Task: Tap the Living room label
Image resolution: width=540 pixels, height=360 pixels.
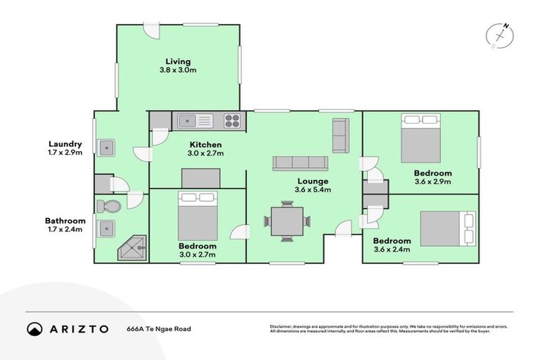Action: (x=178, y=61)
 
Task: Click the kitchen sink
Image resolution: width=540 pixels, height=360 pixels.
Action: (x=188, y=121)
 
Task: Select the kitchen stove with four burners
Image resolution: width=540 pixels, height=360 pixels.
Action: (x=232, y=121)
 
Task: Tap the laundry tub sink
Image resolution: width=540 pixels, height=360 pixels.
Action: (x=106, y=148)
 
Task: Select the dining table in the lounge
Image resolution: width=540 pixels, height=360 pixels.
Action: (x=287, y=221)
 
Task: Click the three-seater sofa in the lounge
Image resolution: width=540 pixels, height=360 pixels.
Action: (x=300, y=163)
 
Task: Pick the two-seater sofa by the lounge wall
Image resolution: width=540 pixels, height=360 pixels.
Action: (x=340, y=136)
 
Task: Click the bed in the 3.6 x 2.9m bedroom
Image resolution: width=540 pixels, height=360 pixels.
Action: (x=420, y=139)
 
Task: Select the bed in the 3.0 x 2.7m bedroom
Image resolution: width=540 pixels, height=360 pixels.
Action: (x=198, y=216)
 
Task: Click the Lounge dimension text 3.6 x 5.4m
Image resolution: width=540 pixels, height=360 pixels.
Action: (x=313, y=190)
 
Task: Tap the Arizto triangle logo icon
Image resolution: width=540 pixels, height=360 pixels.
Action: (x=34, y=328)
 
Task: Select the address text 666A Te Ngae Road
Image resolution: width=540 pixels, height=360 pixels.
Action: (x=158, y=328)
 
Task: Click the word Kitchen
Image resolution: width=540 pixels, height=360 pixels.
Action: (x=205, y=144)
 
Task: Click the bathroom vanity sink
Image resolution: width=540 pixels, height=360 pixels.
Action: (x=107, y=228)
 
